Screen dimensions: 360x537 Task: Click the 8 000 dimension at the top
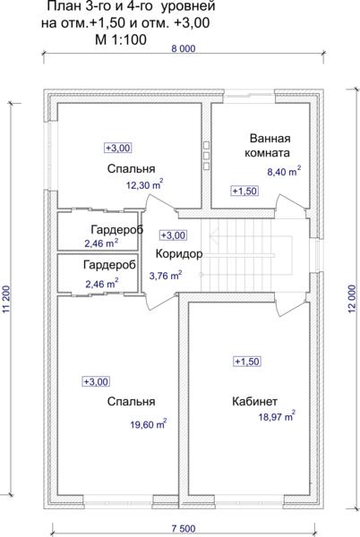(184, 48)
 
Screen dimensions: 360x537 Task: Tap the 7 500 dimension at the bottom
(184, 529)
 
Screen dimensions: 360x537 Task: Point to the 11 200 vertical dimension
(6, 300)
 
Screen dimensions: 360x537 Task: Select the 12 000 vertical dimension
(353, 300)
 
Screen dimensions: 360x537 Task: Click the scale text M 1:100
(121, 39)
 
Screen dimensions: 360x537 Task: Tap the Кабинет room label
(254, 401)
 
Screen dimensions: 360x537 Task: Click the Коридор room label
(179, 254)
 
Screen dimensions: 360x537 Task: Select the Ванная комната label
(268, 146)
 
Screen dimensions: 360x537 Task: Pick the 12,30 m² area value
(144, 184)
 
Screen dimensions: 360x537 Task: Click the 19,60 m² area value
(149, 423)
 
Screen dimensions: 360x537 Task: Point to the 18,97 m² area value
(277, 416)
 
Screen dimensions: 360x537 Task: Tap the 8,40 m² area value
(284, 171)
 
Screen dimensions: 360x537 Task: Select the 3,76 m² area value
(166, 275)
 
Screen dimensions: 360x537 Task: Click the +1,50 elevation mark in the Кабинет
(247, 362)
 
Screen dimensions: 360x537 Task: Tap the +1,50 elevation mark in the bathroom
(244, 192)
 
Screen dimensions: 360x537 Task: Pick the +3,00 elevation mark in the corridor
(174, 235)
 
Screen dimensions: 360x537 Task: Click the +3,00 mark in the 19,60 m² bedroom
(96, 381)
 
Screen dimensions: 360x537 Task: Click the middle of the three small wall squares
(206, 156)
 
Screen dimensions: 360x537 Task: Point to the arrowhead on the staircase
(214, 236)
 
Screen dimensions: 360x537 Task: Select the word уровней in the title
(187, 7)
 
